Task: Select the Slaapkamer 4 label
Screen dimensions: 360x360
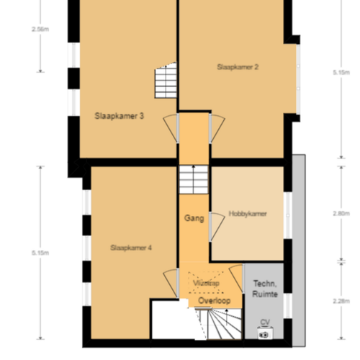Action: click(x=131, y=248)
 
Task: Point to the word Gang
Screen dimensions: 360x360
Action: click(x=193, y=217)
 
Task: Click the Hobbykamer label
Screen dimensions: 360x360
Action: click(x=248, y=214)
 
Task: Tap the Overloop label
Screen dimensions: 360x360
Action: click(x=214, y=300)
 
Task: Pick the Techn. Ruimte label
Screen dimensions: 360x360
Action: click(x=264, y=289)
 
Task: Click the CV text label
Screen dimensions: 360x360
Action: click(x=264, y=322)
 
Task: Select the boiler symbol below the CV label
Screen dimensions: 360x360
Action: click(x=264, y=333)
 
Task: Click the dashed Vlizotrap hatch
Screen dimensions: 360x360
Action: click(x=207, y=284)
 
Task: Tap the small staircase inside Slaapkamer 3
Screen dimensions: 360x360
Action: click(x=166, y=81)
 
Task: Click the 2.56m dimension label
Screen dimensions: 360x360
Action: click(x=41, y=30)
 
